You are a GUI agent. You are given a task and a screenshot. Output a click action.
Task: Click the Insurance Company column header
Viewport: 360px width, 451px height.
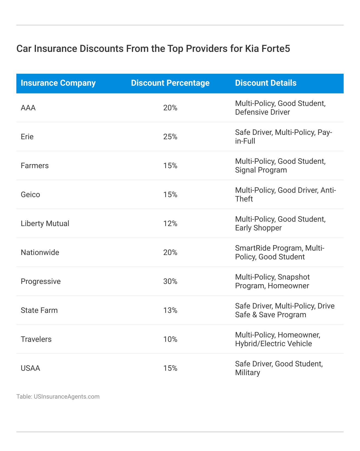pos(58,83)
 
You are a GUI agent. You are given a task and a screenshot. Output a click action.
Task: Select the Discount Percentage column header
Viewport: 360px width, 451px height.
pos(170,83)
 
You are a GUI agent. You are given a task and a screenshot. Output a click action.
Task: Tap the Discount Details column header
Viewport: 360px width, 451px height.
pos(266,83)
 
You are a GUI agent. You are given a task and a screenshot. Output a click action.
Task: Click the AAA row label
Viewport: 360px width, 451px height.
pos(28,108)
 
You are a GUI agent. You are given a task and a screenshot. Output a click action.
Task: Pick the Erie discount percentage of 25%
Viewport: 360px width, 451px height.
pos(170,137)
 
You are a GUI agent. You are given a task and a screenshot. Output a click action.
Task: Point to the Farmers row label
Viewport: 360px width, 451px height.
pos(35,166)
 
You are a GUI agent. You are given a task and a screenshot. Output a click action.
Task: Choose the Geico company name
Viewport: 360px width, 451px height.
pos(30,195)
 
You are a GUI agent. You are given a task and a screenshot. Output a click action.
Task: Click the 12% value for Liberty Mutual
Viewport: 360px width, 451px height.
pos(170,224)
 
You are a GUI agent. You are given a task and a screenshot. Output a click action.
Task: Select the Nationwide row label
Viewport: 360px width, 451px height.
pos(40,253)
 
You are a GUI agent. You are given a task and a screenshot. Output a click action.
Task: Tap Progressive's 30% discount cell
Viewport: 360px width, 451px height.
pos(170,281)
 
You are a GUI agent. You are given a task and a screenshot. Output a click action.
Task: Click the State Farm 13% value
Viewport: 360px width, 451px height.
pos(170,310)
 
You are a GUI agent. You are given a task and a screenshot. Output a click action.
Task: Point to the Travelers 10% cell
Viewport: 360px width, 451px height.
pos(170,339)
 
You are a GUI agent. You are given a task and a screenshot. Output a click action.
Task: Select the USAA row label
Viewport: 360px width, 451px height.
pos(30,368)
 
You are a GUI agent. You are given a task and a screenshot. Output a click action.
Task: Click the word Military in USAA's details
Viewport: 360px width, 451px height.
pos(247,373)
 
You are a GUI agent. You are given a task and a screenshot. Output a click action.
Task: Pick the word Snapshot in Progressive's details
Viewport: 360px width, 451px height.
pos(294,277)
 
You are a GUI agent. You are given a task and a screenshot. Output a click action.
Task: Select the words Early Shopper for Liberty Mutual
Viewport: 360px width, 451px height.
pos(258,228)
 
